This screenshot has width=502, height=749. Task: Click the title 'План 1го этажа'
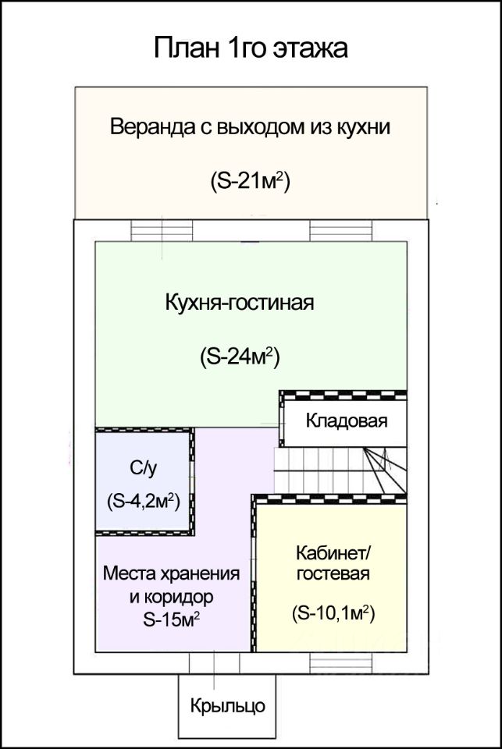(x=250, y=48)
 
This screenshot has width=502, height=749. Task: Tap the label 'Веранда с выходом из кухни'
(x=250, y=127)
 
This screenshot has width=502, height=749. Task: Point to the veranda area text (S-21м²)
(x=250, y=180)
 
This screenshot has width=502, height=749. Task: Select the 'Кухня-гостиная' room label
(x=240, y=303)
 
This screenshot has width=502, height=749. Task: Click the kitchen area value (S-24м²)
(x=240, y=357)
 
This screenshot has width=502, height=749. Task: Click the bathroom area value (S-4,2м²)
(x=143, y=501)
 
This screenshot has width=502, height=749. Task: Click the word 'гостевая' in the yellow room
(x=333, y=574)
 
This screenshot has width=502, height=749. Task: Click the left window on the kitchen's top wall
(x=162, y=232)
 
